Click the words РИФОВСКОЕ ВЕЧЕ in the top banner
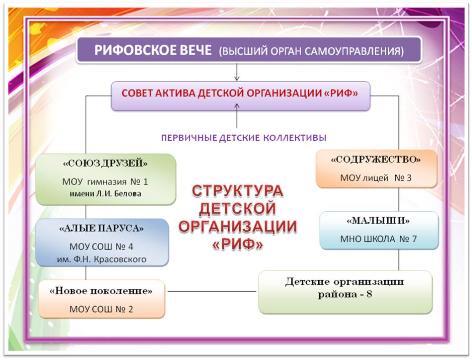[x=153, y=50]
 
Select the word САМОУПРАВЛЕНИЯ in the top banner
[x=354, y=51]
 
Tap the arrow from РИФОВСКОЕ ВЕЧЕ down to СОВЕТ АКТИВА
[x=237, y=72]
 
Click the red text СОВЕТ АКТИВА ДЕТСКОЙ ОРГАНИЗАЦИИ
[x=220, y=94]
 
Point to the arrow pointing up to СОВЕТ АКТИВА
[x=237, y=116]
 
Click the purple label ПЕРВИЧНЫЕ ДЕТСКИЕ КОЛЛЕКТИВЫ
[x=244, y=138]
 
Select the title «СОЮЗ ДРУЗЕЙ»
[x=105, y=163]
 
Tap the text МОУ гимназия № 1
[x=105, y=182]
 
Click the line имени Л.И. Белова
[x=105, y=193]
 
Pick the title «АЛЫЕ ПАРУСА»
[x=101, y=229]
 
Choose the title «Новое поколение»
[x=101, y=291]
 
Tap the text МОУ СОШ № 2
[x=101, y=309]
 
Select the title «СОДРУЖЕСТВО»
[x=376, y=160]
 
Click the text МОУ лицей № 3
[x=376, y=178]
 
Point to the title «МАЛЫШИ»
[x=378, y=221]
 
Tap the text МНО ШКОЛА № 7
[x=378, y=239]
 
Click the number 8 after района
[x=369, y=294]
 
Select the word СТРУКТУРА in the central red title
[x=237, y=191]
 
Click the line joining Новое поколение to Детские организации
[x=212, y=292]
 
